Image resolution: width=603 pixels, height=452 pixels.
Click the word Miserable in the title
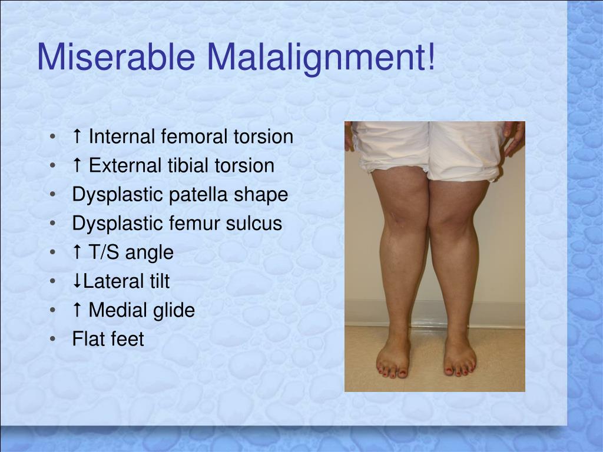click(x=115, y=58)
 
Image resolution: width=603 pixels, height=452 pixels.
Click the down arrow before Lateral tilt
click(x=77, y=281)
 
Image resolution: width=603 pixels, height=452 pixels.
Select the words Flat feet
click(x=108, y=339)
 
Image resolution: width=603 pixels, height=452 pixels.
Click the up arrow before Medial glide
click(x=77, y=310)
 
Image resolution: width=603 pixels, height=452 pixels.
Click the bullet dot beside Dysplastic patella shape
click(x=54, y=195)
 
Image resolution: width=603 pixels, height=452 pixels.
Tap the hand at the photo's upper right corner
click(x=513, y=137)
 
